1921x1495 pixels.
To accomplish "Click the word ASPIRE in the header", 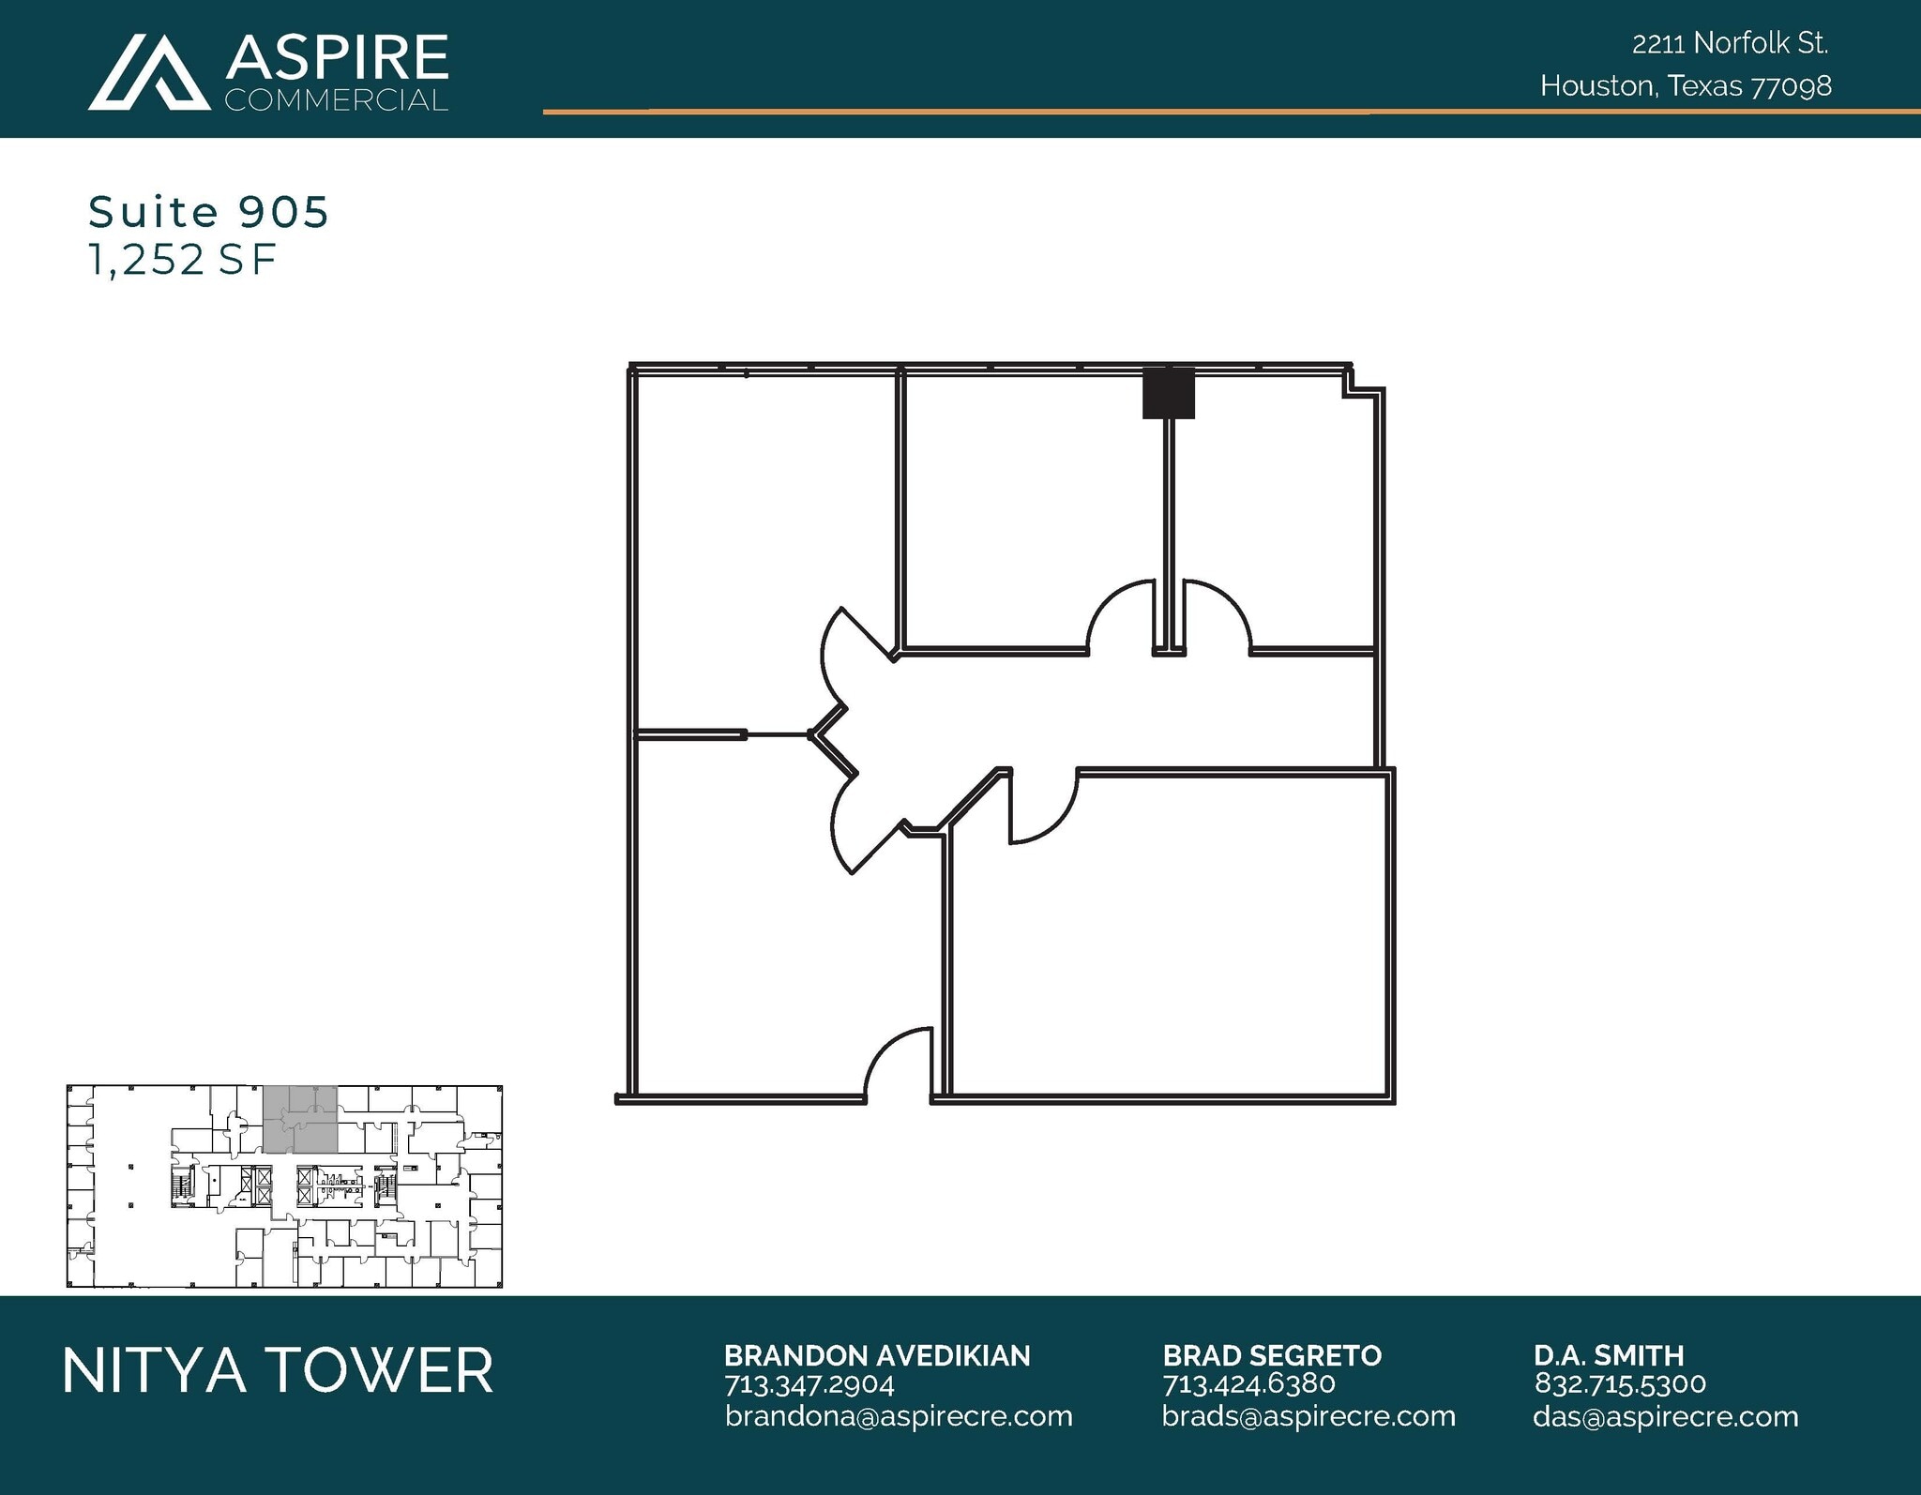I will click(x=337, y=57).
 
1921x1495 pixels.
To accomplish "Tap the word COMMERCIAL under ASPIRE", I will click(x=336, y=100).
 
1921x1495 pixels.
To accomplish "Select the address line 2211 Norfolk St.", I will click(x=1730, y=43).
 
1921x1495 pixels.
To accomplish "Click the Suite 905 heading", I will click(x=208, y=212).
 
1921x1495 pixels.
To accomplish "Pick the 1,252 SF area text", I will click(x=182, y=260).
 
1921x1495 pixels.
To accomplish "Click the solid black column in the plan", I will click(x=1168, y=394).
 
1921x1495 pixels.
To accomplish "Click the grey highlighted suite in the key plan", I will click(x=299, y=1119).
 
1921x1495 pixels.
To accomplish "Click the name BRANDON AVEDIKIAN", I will click(x=877, y=1355).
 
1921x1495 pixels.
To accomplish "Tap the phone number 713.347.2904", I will click(x=809, y=1384).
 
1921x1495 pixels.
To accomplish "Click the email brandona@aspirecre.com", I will click(x=899, y=1416).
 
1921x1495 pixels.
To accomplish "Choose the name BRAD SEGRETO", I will click(x=1272, y=1355).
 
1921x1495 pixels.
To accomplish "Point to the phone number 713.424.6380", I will click(x=1248, y=1384).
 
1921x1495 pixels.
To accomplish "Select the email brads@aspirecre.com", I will click(x=1308, y=1416).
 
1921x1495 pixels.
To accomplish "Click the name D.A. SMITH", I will click(x=1609, y=1355).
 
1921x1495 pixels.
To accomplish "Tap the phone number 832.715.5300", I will click(x=1620, y=1384).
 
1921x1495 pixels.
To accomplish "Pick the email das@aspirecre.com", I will click(x=1666, y=1416).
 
